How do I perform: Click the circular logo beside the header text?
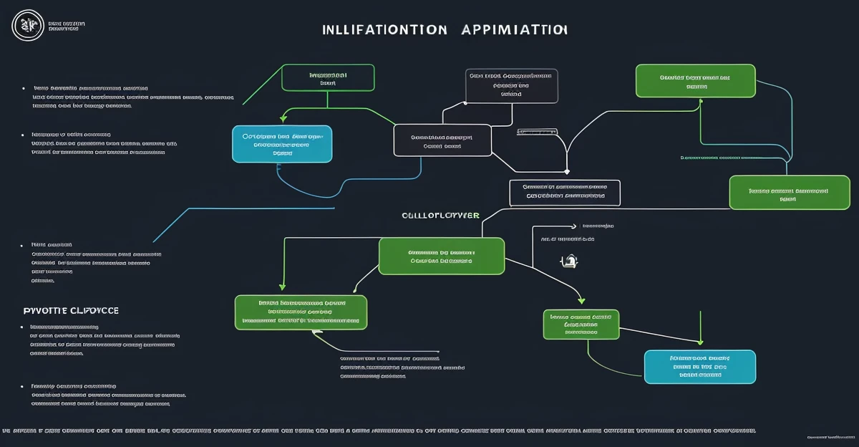click(28, 26)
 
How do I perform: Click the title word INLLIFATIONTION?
click(384, 30)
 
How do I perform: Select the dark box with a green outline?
click(328, 78)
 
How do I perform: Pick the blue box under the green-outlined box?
click(282, 144)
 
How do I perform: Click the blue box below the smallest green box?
click(700, 367)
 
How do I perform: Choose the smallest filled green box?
click(581, 325)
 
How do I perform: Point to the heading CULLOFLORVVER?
click(440, 215)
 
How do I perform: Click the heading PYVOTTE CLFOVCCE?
click(71, 311)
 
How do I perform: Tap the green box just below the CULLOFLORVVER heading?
click(441, 256)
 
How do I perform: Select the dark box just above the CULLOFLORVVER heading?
click(564, 193)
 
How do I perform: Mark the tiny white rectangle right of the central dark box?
click(536, 133)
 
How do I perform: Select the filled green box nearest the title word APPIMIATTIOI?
click(695, 80)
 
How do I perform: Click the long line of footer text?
click(379, 431)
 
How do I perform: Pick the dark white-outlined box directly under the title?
click(511, 87)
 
